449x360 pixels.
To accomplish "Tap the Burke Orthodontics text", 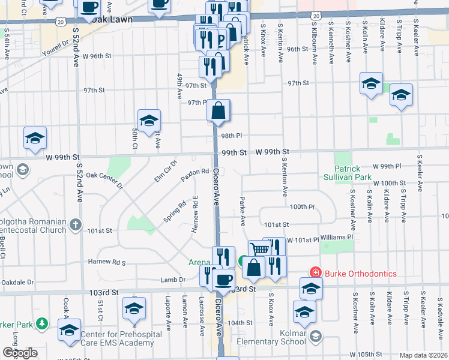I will tap(360, 274).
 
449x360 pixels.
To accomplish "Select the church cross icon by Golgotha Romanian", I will tap(75, 224).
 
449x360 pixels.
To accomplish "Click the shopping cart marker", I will tap(259, 248).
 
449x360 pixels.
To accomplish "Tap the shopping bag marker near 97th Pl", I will tap(220, 110).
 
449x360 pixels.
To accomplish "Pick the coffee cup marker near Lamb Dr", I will tap(224, 280).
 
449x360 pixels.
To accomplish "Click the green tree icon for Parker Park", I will tap(42, 325).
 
